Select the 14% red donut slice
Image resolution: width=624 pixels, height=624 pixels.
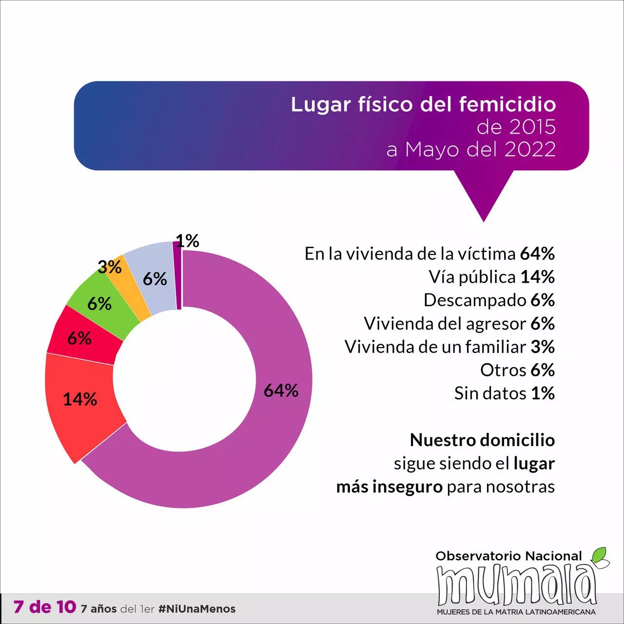coord(83,405)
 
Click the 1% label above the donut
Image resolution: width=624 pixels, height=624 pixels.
coord(188,241)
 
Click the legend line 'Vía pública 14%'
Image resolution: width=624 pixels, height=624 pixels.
coord(491,277)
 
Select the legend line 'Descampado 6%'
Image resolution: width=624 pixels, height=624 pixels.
coord(489,300)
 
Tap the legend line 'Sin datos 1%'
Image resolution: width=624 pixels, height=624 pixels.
coord(504,393)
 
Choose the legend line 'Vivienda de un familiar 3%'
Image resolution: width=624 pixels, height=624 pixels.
coord(449,347)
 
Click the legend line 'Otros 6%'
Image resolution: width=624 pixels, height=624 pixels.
coord(517,370)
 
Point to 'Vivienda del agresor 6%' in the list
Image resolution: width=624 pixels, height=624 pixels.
coord(459,323)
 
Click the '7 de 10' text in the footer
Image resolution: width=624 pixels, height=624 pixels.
coord(45,607)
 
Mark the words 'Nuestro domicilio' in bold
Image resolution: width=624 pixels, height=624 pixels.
coord(482,440)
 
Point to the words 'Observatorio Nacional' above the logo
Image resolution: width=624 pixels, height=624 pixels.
coord(508,556)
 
